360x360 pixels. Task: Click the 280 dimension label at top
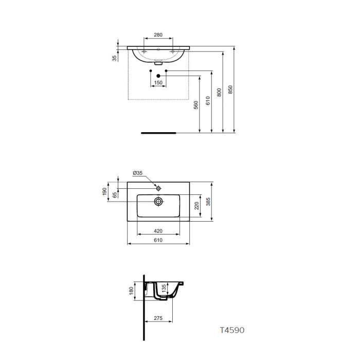[158, 35]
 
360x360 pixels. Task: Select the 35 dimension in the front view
[115, 58]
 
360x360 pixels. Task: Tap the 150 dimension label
[158, 83]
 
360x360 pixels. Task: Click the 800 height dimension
[220, 93]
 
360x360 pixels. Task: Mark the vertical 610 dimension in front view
[208, 101]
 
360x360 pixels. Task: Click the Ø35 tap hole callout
[138, 173]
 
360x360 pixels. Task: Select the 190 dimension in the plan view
[104, 191]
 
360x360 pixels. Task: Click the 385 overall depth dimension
[208, 202]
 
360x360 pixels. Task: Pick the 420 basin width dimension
[158, 231]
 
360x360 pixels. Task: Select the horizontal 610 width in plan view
[158, 240]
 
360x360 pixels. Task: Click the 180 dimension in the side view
[131, 291]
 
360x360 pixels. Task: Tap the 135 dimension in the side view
[164, 287]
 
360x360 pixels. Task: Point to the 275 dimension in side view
[158, 319]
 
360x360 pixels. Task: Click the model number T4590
[232, 330]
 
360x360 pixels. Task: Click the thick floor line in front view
[158, 132]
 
